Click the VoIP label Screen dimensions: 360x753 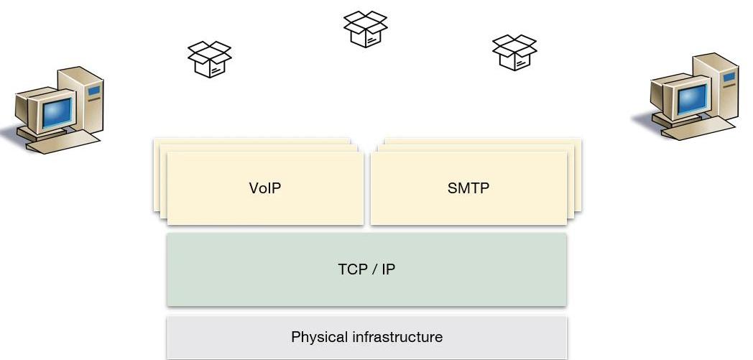click(264, 188)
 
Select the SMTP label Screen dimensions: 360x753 click(468, 188)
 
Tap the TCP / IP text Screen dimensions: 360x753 click(366, 269)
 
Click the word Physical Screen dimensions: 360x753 click(319, 336)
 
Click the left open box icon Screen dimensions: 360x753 click(209, 59)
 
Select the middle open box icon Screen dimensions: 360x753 click(365, 29)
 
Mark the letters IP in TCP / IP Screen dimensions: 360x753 click(388, 269)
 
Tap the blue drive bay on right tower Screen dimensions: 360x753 click(729, 76)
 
